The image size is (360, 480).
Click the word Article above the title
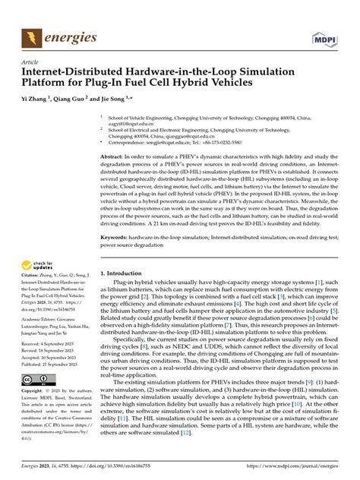click(30, 63)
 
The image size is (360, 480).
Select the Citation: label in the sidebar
click(35, 280)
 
